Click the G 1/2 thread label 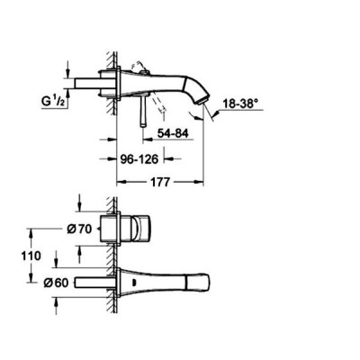(x=52, y=102)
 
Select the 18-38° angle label (x=240, y=104)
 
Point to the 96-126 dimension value (x=139, y=159)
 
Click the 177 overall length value (x=160, y=182)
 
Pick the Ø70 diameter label (x=79, y=229)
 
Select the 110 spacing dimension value (x=31, y=256)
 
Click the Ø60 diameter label (x=56, y=283)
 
